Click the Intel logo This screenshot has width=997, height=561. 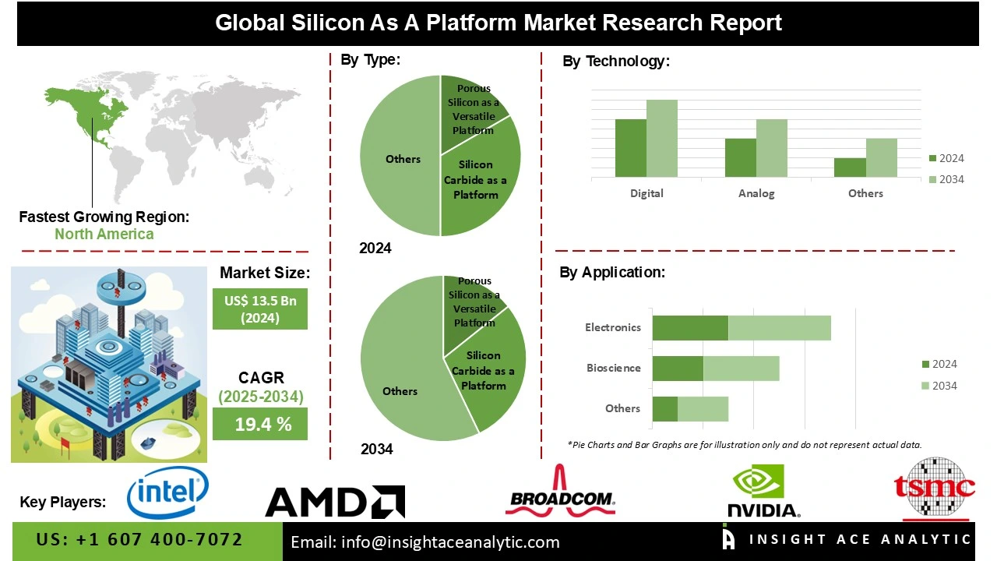pyautogui.click(x=167, y=492)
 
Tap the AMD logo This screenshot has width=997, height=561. pyautogui.click(x=335, y=503)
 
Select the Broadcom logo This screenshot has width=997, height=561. pyautogui.click(x=561, y=492)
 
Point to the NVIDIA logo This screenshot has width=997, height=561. pyautogui.click(x=763, y=492)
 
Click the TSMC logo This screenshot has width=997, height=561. pyautogui.click(x=935, y=489)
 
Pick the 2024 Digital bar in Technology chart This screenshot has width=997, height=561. pyautogui.click(x=631, y=148)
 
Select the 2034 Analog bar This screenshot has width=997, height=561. pyautogui.click(x=772, y=148)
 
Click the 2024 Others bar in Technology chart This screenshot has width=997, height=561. pyautogui.click(x=850, y=168)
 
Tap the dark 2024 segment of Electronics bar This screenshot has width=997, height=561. pyautogui.click(x=690, y=328)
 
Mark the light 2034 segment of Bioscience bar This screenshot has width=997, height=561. pyautogui.click(x=741, y=369)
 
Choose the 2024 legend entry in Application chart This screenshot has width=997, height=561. pyautogui.click(x=939, y=365)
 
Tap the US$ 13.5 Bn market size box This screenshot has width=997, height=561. pyautogui.click(x=260, y=309)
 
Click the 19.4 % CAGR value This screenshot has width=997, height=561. pyautogui.click(x=260, y=425)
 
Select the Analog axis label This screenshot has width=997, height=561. pyautogui.click(x=756, y=194)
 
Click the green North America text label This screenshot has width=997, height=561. pyautogui.click(x=104, y=235)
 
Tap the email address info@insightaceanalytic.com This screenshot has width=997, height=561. pyautogui.click(x=425, y=542)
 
